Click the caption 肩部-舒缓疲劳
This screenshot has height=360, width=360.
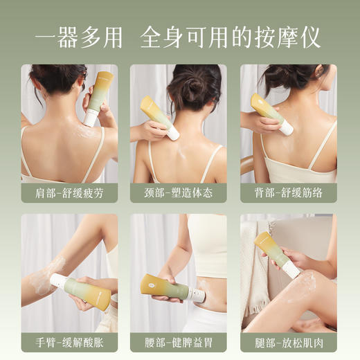pyautogui.click(x=69, y=193)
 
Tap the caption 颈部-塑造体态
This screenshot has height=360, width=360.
pyautogui.click(x=179, y=193)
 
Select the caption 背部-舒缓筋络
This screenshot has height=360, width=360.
pyautogui.click(x=288, y=193)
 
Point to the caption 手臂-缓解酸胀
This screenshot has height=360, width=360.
pyautogui.click(x=69, y=343)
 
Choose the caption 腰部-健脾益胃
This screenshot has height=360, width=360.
pyautogui.click(x=179, y=343)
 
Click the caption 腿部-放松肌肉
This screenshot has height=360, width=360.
pyautogui.click(x=288, y=343)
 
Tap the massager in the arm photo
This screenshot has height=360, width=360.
pyautogui.click(x=82, y=291)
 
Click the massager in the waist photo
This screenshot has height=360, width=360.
pyautogui.click(x=170, y=289)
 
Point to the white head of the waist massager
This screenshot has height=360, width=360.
pyautogui.click(x=198, y=296)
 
